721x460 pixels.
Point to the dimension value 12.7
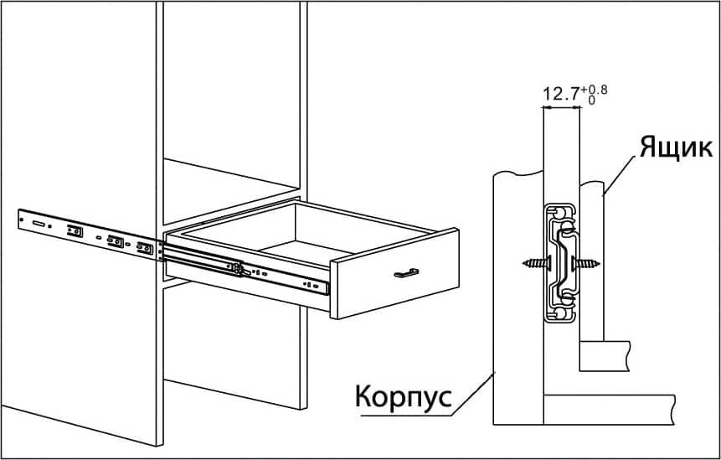[563, 95]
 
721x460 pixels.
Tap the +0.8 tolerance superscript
[597, 88]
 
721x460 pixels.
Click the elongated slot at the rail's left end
[38, 224]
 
